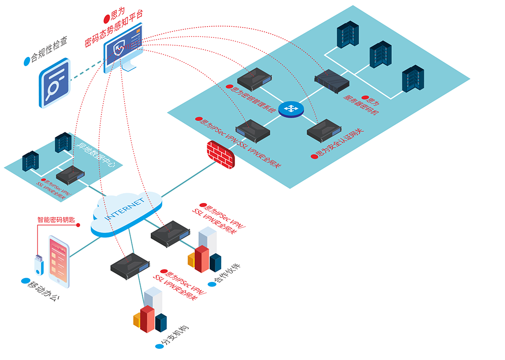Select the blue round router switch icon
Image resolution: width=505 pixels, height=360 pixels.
[x=291, y=109]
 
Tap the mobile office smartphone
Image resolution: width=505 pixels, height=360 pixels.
[x=59, y=260]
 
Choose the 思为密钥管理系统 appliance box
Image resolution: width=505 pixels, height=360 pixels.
[x=254, y=79]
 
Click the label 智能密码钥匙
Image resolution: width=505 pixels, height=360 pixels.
[x=56, y=219]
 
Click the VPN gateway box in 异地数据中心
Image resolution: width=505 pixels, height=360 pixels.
[x=71, y=175]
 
